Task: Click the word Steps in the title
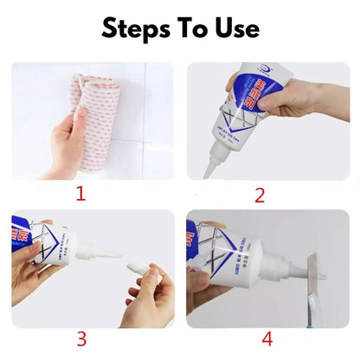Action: pos(139,28)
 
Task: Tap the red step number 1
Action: pos(80,192)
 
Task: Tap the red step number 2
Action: pos(259,194)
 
